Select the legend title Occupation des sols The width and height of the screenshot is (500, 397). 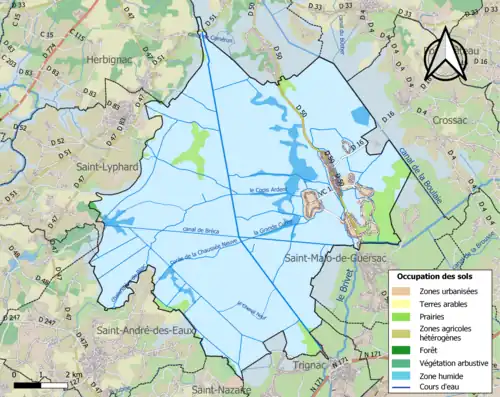click(x=440, y=275)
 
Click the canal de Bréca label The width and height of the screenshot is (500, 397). click(x=201, y=233)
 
